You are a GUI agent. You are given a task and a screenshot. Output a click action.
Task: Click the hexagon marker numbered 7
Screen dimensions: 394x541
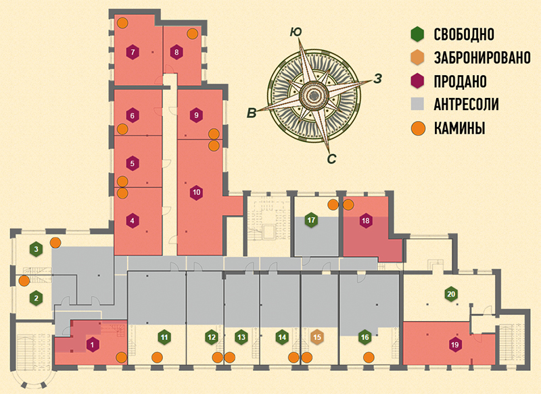point(133,52)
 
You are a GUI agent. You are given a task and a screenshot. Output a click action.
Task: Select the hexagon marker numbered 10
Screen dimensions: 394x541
point(196,192)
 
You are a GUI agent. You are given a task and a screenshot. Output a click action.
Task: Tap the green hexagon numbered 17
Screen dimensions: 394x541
point(311,220)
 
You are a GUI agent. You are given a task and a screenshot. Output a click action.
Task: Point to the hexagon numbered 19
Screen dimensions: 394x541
point(452,344)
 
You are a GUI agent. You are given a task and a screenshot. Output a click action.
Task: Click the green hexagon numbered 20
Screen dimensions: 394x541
point(450,294)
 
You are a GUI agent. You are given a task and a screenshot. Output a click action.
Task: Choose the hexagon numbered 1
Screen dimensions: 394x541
point(91,345)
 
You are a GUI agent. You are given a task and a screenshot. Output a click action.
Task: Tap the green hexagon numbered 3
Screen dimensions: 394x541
point(35,250)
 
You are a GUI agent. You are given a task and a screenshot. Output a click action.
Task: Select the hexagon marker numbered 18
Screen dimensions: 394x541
point(365,220)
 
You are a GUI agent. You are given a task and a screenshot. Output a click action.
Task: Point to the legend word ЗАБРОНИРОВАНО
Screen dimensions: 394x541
point(481,57)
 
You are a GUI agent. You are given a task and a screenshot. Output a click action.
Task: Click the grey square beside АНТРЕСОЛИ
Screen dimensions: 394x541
point(419,103)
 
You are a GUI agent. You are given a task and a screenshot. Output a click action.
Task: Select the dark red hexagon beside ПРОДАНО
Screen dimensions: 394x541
point(419,80)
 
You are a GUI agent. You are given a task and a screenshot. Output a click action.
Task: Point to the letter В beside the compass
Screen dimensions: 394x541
point(252,112)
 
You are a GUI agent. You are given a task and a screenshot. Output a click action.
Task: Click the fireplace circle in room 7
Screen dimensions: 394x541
point(122,23)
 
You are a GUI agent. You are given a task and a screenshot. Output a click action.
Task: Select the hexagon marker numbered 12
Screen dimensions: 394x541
point(211,336)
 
